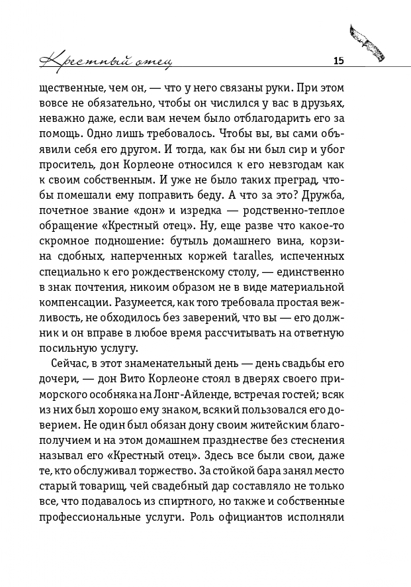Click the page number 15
point(338,61)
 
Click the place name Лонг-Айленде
point(218,396)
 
